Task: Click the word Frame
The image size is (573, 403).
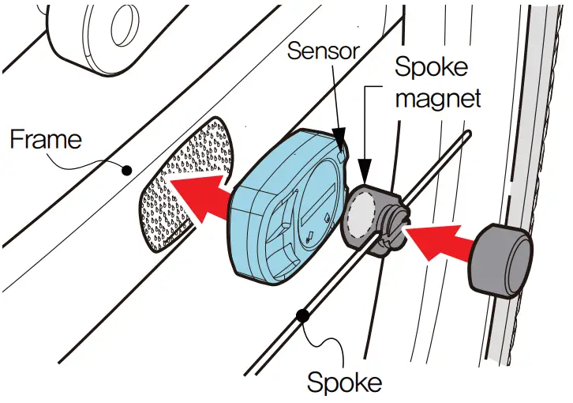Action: pyautogui.click(x=45, y=140)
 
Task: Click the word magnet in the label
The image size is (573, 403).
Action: pyautogui.click(x=439, y=100)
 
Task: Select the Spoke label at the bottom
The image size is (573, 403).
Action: pyautogui.click(x=344, y=382)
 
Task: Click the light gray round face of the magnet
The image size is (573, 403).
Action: pyautogui.click(x=361, y=213)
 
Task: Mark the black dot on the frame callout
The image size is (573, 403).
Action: pyautogui.click(x=126, y=168)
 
